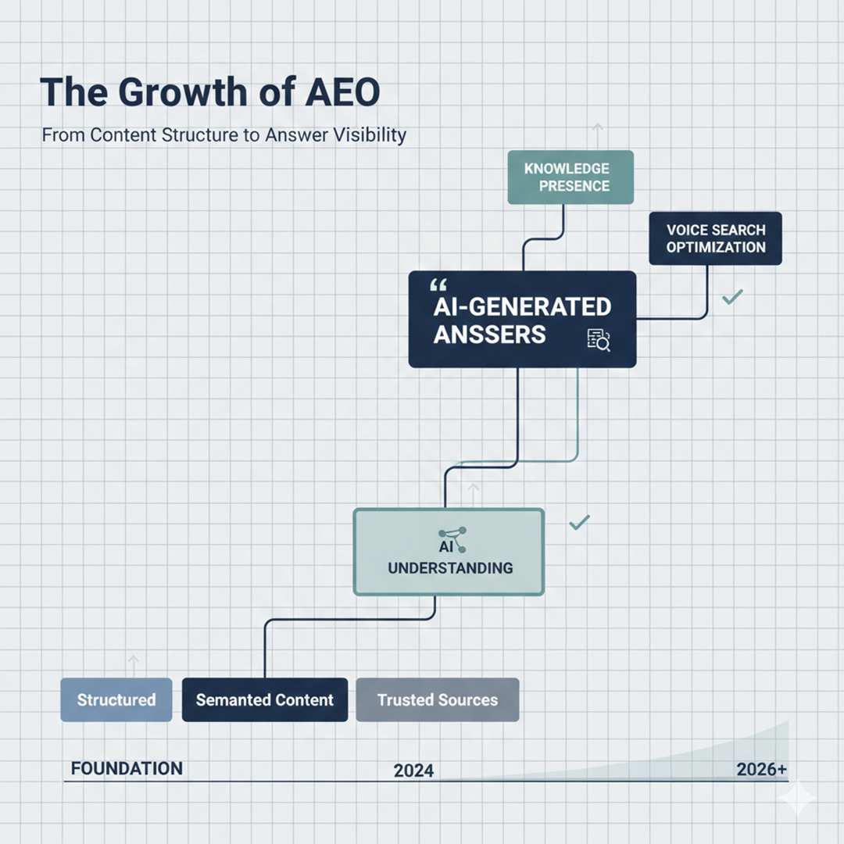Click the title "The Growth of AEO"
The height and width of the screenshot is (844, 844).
[209, 92]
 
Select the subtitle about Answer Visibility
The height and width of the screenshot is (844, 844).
[224, 134]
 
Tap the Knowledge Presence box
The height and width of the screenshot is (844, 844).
[570, 177]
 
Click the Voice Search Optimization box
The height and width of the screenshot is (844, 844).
[715, 238]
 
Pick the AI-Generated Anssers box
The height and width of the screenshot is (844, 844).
[522, 319]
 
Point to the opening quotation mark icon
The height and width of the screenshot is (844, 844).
[439, 286]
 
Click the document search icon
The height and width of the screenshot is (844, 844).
[599, 339]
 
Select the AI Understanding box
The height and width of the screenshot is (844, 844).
[449, 552]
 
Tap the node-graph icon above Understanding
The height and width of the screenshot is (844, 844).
[452, 539]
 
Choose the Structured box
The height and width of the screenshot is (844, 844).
[116, 699]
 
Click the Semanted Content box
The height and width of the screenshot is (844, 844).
[264, 699]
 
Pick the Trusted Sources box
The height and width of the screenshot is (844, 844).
[437, 699]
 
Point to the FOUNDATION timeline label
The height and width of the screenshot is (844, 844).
[127, 768]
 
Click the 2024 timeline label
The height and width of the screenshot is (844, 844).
[413, 771]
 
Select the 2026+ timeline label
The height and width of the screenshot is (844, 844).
[761, 769]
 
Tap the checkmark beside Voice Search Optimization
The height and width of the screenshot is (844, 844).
[732, 297]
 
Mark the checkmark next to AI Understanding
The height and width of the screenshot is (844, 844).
[579, 522]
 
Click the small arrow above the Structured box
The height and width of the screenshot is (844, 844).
[133, 664]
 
